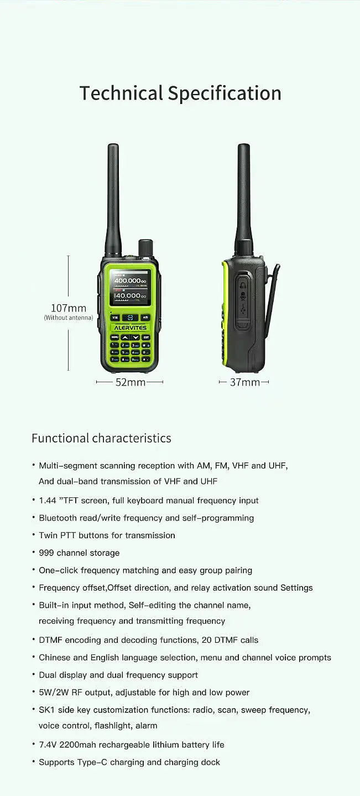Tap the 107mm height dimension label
[69, 308]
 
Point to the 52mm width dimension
[130, 382]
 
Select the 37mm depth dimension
[244, 382]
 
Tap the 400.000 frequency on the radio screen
[128, 281]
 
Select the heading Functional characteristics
[101, 439]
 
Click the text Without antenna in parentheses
[69, 318]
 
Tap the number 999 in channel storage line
[46, 553]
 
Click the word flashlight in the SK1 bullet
[109, 725]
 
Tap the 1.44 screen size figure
[48, 501]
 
